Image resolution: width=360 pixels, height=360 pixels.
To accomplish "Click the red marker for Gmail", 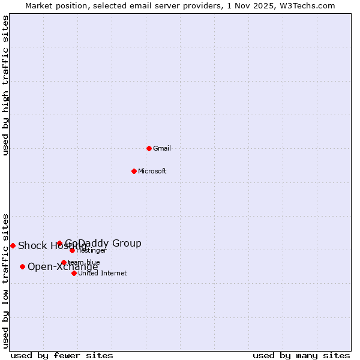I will pyautogui.click(x=149, y=148).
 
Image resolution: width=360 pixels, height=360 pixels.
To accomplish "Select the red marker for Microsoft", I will pyautogui.click(x=134, y=171).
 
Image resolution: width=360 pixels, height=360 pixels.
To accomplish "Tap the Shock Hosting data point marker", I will pyautogui.click(x=13, y=245).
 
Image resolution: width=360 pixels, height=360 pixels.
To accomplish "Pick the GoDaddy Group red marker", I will pyautogui.click(x=59, y=243).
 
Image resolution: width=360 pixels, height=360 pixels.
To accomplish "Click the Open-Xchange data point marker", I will pyautogui.click(x=22, y=266).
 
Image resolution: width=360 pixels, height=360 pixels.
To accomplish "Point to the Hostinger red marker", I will pyautogui.click(x=72, y=250).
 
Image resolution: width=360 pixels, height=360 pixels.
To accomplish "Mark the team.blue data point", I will pyautogui.click(x=64, y=262).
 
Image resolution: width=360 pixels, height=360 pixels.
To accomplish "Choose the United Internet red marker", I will pyautogui.click(x=74, y=273).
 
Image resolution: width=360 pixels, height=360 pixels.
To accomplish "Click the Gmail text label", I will pyautogui.click(x=162, y=148).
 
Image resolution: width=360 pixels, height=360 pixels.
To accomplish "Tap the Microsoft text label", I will pyautogui.click(x=152, y=171).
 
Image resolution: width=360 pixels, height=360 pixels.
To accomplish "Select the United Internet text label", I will pyautogui.click(x=102, y=273).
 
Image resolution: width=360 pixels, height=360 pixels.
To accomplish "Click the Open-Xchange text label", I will pyautogui.click(x=62, y=267).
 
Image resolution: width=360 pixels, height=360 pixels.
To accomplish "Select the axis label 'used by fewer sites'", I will pyautogui.click(x=62, y=355).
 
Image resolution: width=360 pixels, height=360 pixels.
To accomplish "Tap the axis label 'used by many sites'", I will pyautogui.click(x=301, y=355).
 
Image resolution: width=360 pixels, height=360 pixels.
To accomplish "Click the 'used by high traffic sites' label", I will pyautogui.click(x=5, y=85).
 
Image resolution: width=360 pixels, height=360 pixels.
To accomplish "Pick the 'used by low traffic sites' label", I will pyautogui.click(x=5, y=281).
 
